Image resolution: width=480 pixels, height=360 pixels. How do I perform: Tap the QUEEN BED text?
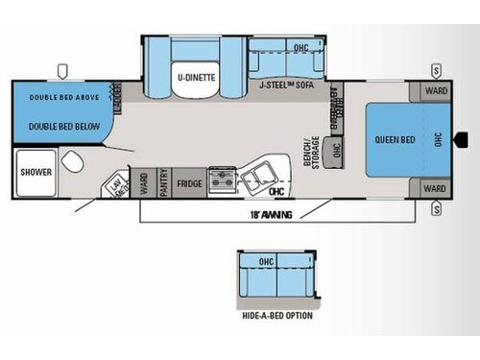[394, 138]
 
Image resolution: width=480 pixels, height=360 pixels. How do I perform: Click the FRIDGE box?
[190, 182]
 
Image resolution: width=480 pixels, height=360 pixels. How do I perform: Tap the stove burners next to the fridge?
[223, 179]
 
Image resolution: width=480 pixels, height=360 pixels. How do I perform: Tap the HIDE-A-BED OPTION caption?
[277, 314]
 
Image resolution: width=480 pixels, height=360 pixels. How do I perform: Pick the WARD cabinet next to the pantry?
[143, 182]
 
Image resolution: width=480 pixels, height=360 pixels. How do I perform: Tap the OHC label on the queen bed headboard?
[438, 138]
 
